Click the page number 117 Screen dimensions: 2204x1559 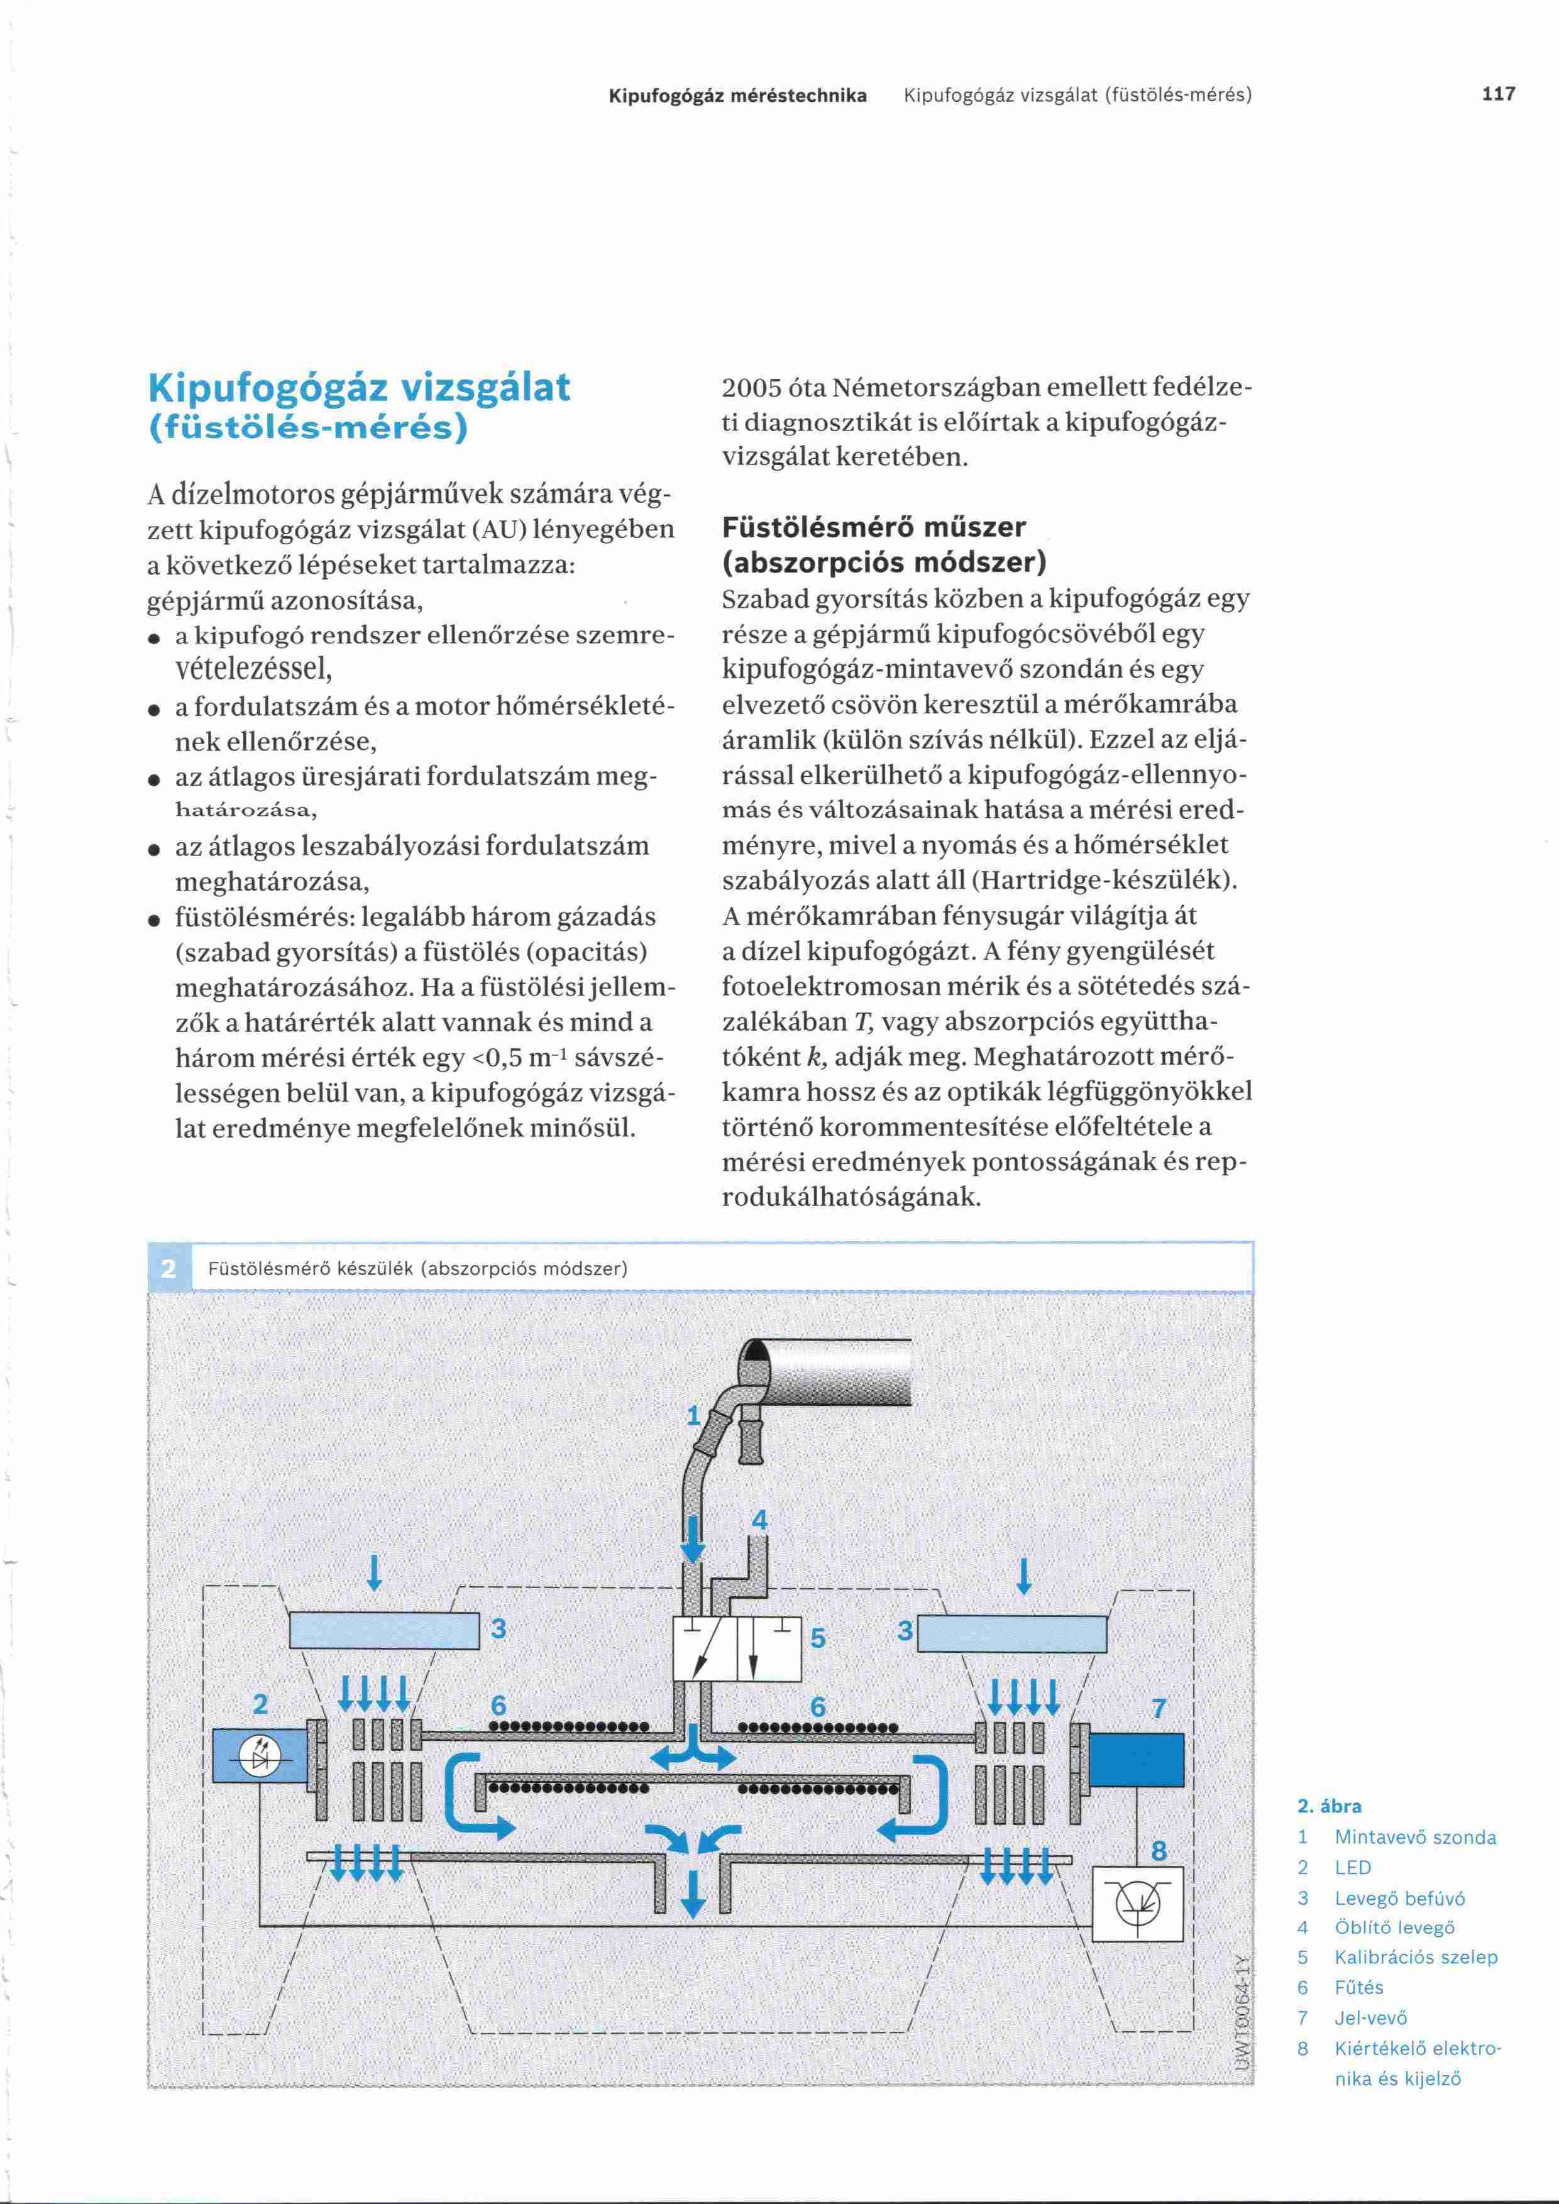tap(1499, 94)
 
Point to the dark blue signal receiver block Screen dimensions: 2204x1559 tap(1137, 1760)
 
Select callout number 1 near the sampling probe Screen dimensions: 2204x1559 tap(693, 1416)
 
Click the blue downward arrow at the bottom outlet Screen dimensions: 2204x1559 tap(692, 1895)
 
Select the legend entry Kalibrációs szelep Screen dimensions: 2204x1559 tap(1415, 1957)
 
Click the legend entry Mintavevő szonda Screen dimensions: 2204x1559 tap(1415, 1838)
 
